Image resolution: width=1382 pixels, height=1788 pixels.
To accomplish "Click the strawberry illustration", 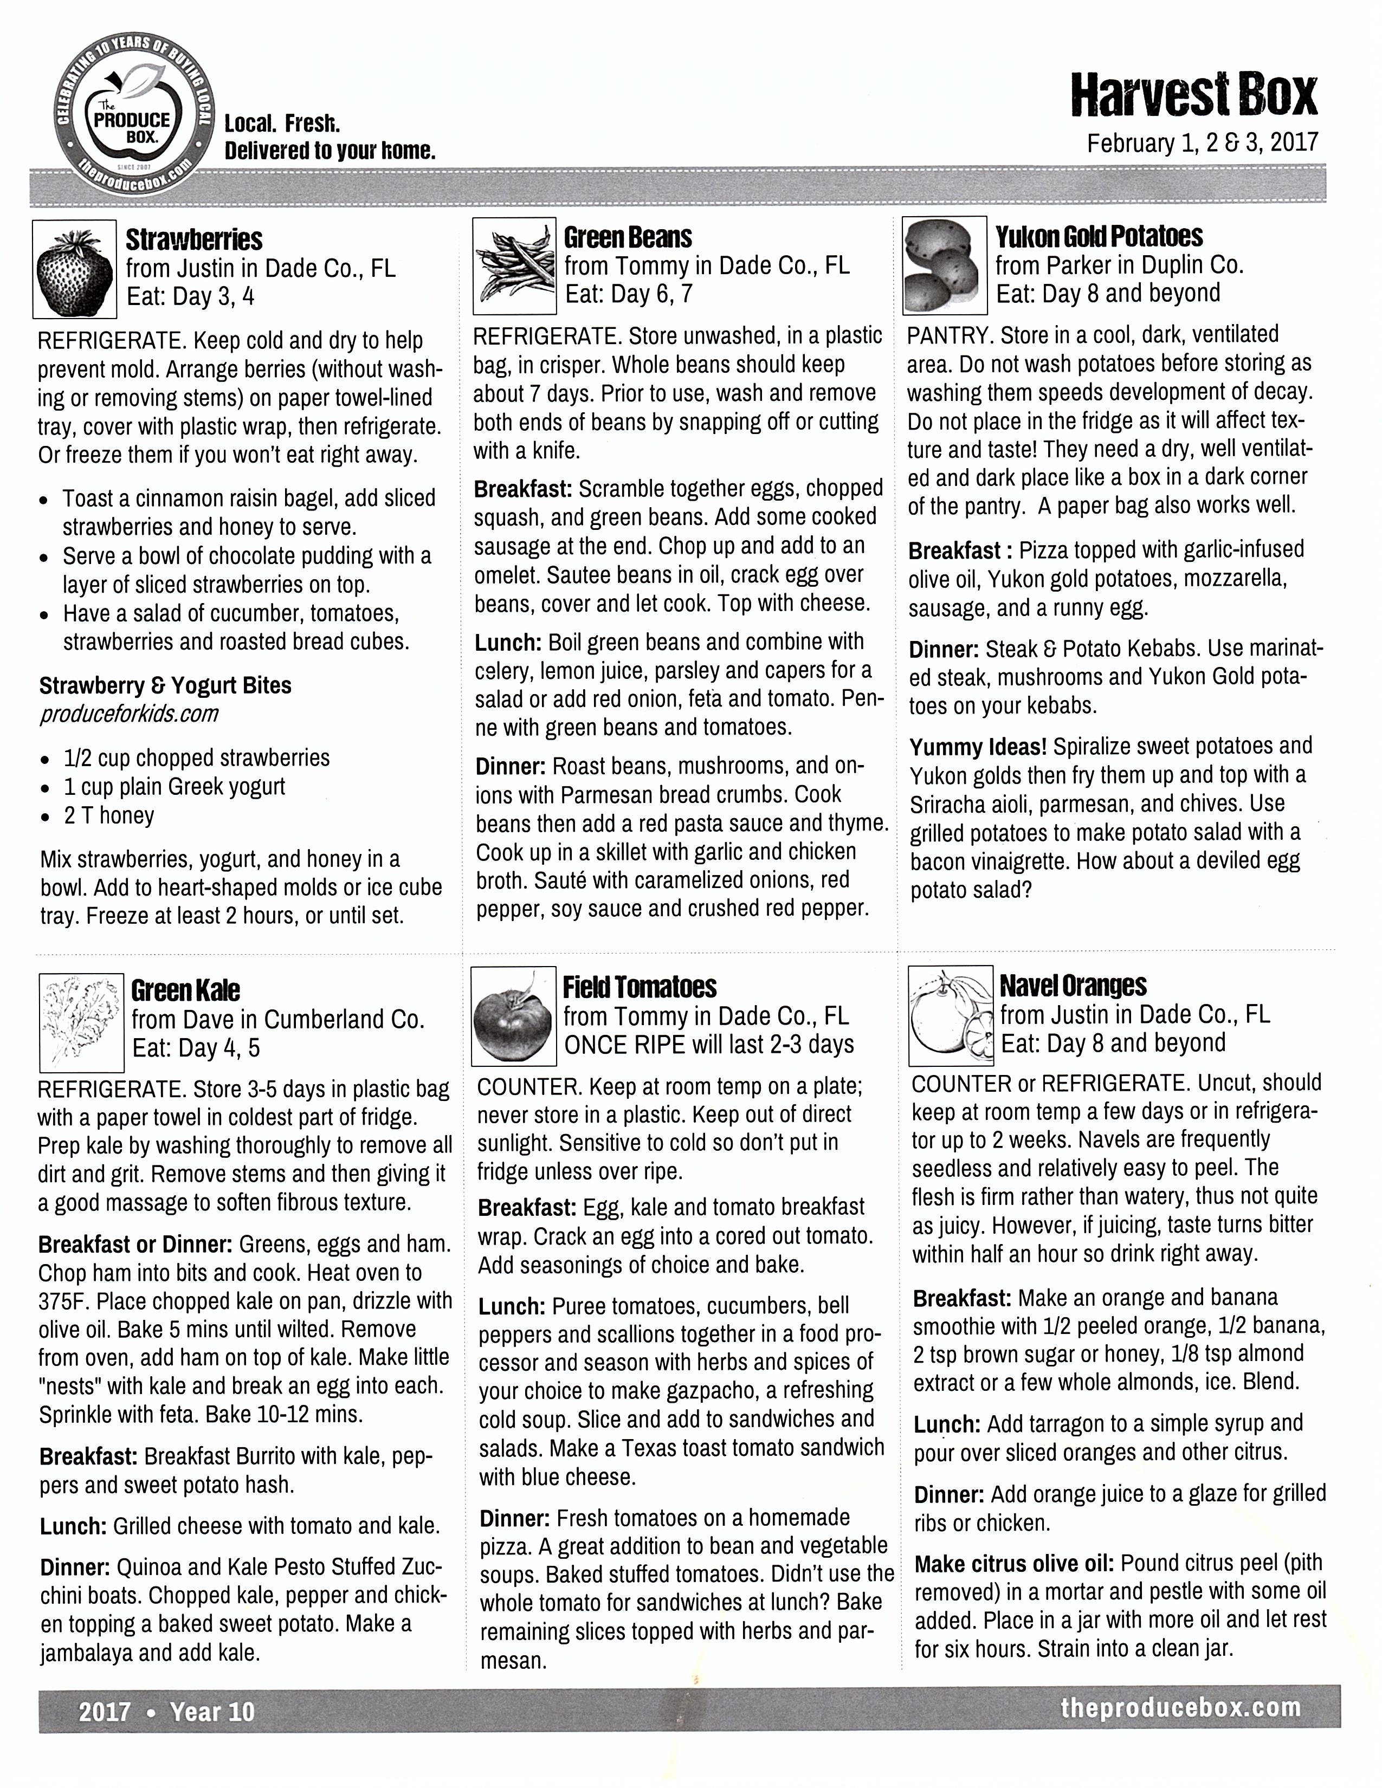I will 74,271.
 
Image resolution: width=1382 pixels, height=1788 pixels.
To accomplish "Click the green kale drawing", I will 81,1022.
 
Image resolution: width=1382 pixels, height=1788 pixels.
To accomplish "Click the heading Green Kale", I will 186,990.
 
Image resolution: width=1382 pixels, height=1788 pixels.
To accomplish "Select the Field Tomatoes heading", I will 640,987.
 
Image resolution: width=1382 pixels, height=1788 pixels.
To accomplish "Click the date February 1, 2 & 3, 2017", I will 1202,143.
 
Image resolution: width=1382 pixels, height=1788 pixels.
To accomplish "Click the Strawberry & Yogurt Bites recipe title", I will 165,685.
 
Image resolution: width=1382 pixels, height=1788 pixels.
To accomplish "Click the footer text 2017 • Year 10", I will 166,1711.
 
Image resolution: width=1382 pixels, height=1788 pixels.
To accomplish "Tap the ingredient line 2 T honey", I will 109,815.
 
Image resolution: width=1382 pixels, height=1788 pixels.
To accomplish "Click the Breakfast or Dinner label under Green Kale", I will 136,1245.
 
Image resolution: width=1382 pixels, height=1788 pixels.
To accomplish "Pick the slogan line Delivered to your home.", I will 330,151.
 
